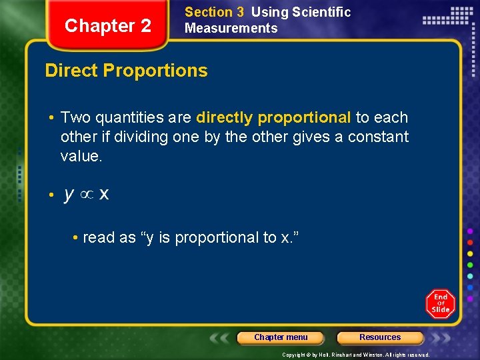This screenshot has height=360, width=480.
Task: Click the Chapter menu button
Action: click(281, 337)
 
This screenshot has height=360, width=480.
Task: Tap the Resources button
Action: click(380, 337)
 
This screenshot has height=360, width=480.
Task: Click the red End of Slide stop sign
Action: click(441, 304)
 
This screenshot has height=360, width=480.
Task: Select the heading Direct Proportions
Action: click(126, 71)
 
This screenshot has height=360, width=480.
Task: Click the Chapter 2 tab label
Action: click(108, 26)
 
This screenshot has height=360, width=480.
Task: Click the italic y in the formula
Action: click(69, 195)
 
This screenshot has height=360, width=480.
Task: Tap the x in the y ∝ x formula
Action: click(104, 195)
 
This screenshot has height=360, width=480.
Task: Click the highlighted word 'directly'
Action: click(225, 118)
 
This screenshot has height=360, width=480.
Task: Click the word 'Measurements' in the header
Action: click(231, 28)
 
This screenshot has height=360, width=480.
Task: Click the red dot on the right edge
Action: click(470, 242)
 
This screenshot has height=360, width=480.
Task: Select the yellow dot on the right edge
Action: click(470, 253)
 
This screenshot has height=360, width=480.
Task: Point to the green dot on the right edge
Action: click(470, 265)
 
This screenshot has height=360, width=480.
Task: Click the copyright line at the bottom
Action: click(355, 355)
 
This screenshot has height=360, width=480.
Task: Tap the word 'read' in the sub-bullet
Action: click(98, 237)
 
